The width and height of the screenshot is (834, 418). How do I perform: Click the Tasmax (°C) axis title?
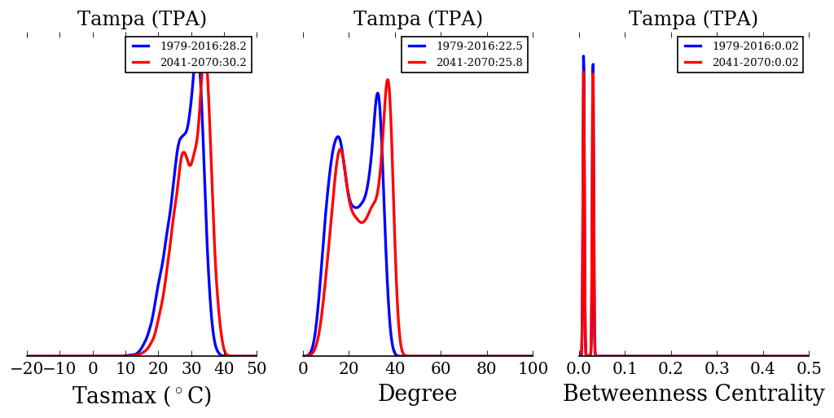[142, 396]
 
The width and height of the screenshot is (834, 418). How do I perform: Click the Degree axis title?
[417, 394]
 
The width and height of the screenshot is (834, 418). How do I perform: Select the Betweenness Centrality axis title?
[693, 394]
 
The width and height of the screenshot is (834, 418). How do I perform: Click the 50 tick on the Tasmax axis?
[257, 368]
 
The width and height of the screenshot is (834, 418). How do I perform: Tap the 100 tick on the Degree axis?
[533, 368]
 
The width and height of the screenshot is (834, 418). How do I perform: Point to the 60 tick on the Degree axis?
[441, 368]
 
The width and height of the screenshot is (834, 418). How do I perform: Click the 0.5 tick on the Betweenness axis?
[809, 368]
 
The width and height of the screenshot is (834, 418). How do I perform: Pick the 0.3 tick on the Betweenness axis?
[717, 368]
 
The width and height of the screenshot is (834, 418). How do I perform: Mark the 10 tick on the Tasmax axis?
[125, 368]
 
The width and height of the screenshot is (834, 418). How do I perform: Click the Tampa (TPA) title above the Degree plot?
[418, 20]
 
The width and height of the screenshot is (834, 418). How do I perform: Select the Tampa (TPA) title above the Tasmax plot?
[142, 20]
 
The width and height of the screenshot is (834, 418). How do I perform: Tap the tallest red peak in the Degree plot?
[388, 80]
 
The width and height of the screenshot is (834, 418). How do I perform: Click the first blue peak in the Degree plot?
[337, 137]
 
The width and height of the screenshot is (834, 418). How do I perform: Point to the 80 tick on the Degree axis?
[486, 368]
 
